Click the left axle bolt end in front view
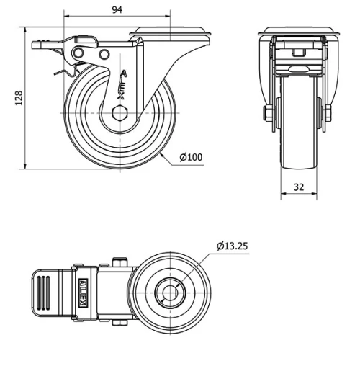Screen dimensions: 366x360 tap(267, 113)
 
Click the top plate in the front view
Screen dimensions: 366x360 tap(297, 32)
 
